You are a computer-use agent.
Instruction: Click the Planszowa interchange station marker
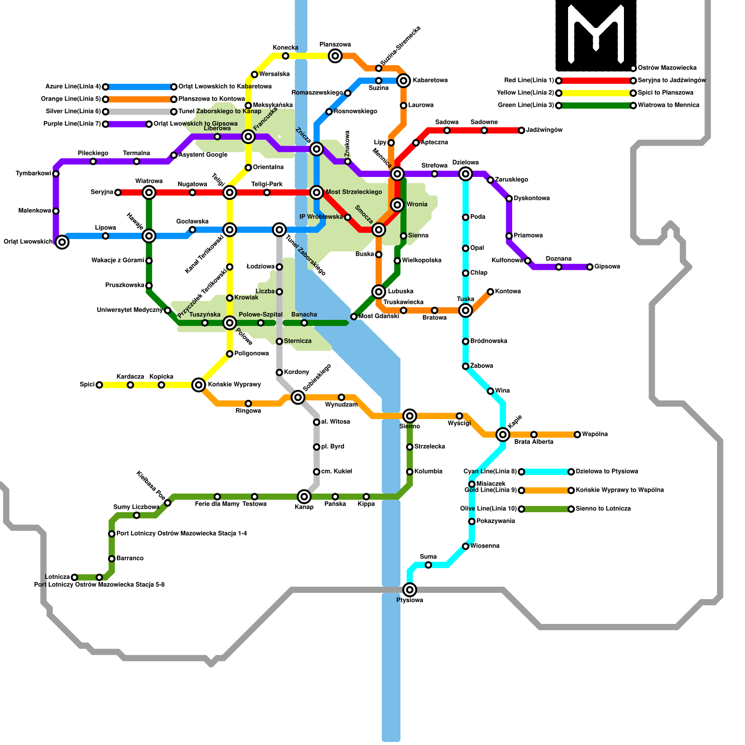point(335,56)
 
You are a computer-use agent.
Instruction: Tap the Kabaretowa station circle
point(404,81)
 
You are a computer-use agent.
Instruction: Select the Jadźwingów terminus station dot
point(521,130)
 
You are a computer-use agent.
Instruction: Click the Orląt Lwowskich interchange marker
point(62,242)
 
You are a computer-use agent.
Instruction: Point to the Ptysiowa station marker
point(410,590)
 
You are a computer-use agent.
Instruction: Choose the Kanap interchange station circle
point(304,497)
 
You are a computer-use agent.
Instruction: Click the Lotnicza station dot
point(74,577)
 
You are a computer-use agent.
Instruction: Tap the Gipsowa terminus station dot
point(590,267)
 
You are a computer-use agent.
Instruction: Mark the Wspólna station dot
point(577,434)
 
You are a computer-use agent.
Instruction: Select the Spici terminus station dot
point(99,385)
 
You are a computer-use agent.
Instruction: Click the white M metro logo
point(596,35)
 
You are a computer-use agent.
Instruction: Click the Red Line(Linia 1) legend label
point(529,81)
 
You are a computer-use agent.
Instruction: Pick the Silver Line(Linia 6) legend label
point(73,112)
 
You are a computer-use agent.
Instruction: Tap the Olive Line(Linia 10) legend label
point(488,509)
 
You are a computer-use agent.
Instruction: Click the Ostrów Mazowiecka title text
point(667,68)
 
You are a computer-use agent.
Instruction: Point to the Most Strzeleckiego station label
point(354,192)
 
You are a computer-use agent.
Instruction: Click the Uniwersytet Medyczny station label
point(130,310)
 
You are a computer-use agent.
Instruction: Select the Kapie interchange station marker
point(503,434)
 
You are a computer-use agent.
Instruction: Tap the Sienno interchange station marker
point(410,416)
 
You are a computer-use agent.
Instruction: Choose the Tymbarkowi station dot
point(56,174)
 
